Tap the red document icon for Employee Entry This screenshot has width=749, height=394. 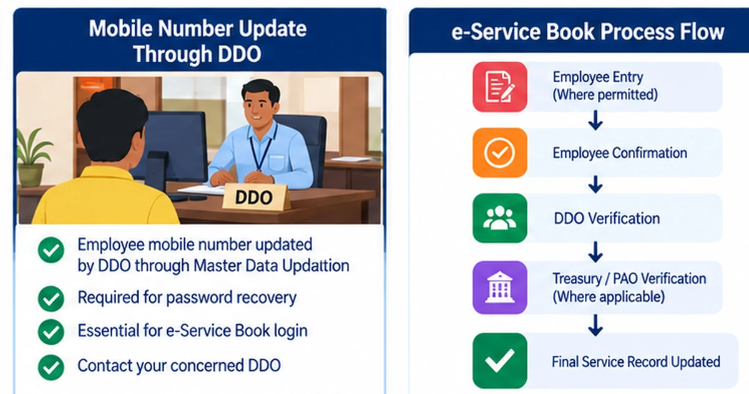[x=500, y=87]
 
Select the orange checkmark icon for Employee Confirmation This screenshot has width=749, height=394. [x=500, y=153]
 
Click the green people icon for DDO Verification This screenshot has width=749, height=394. [x=500, y=218]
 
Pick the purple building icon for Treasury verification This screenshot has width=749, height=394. [x=500, y=287]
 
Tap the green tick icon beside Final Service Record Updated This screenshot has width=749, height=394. [x=500, y=360]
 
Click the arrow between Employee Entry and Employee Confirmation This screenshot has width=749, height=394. [x=595, y=120]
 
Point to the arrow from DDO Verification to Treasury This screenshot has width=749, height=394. [x=595, y=252]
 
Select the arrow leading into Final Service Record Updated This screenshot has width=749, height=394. [x=595, y=325]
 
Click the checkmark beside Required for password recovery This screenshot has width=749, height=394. [x=51, y=298]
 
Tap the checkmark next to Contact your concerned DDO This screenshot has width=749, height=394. [x=51, y=367]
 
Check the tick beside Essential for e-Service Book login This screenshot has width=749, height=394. [x=51, y=332]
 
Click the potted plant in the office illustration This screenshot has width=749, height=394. [x=32, y=160]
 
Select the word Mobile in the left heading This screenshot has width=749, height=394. [x=121, y=29]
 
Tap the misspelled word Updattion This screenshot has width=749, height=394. [x=316, y=266]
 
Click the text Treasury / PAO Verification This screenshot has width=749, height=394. [x=629, y=279]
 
